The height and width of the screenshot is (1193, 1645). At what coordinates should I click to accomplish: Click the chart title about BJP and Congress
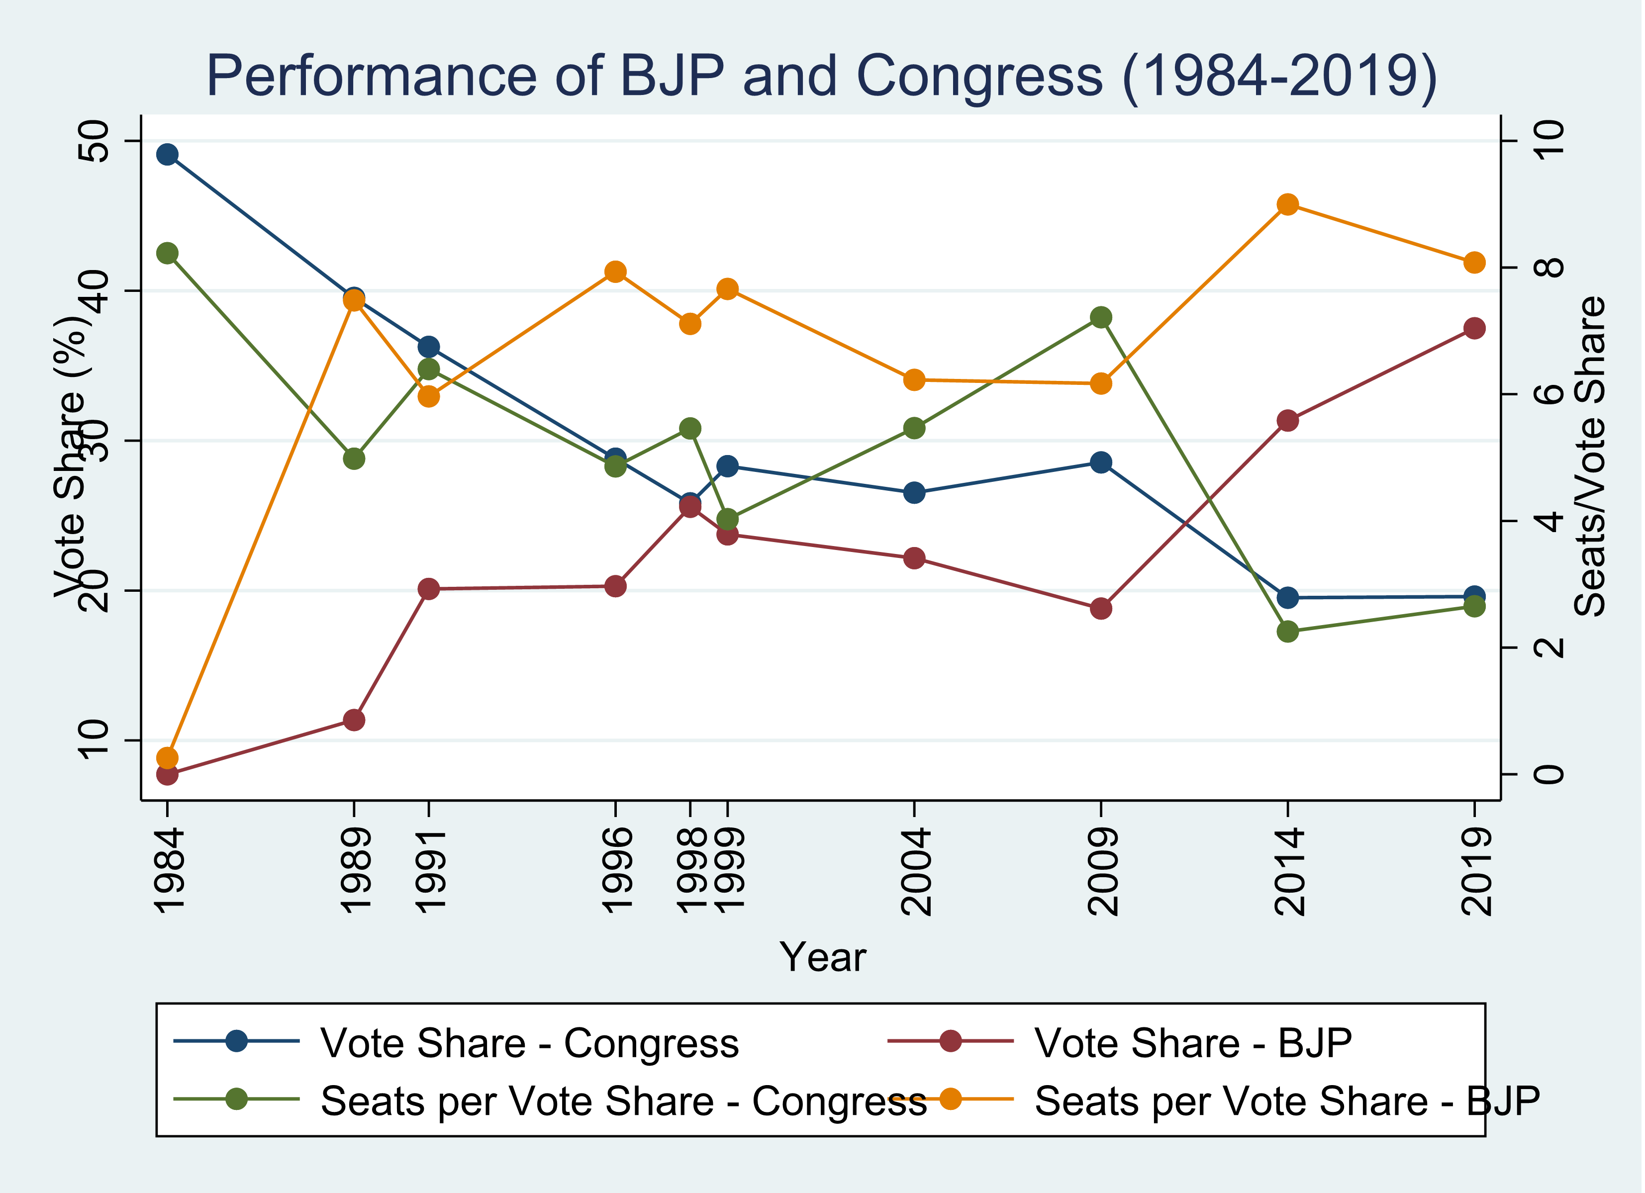coord(821,76)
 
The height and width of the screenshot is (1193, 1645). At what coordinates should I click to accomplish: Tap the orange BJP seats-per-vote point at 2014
coord(1287,204)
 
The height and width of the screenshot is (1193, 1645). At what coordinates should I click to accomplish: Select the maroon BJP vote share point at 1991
coord(429,589)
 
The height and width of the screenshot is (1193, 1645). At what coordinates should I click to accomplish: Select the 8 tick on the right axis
coord(1548,268)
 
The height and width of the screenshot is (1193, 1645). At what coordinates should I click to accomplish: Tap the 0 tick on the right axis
coord(1548,775)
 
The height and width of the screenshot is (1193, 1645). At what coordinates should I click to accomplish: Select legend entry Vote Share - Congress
coord(529,1043)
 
